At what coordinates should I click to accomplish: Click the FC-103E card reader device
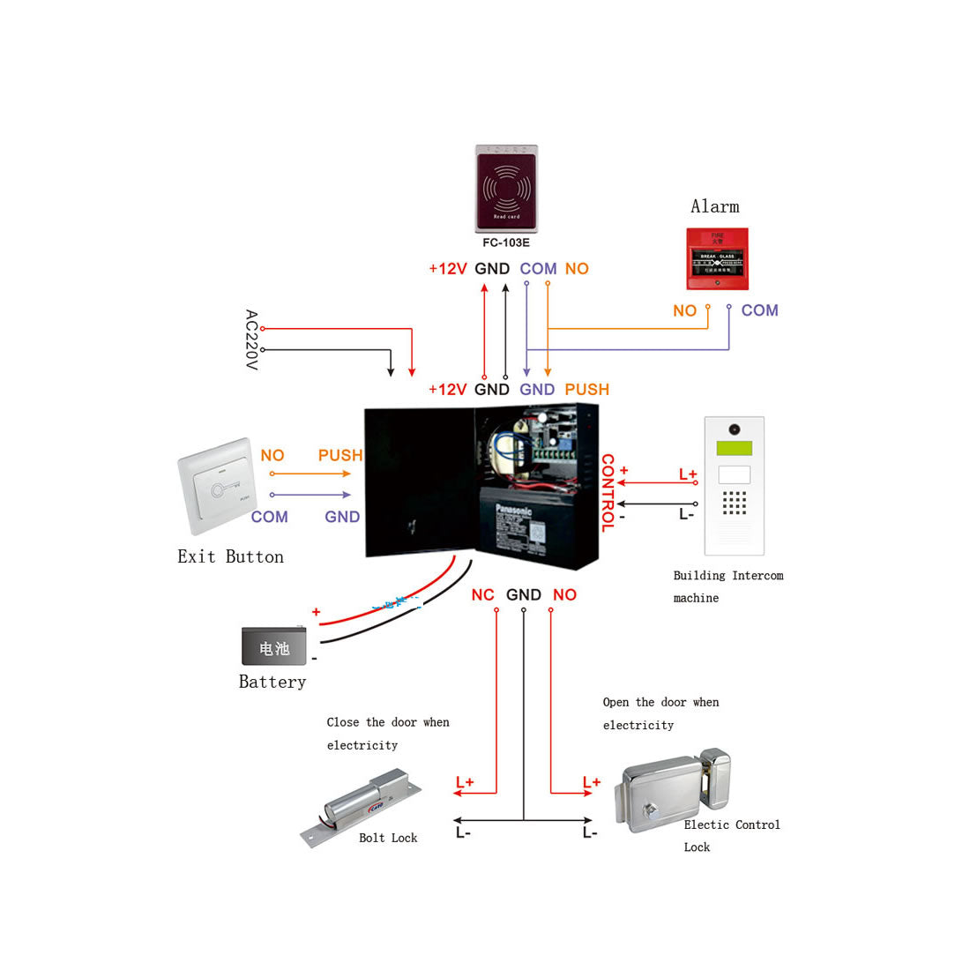point(506,188)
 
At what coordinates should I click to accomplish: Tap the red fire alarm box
point(718,258)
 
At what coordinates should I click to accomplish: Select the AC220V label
point(251,339)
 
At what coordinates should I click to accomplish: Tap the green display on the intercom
point(734,449)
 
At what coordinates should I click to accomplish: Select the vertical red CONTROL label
point(608,493)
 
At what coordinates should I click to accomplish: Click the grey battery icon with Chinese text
point(274,647)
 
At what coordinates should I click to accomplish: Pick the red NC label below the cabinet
point(482,595)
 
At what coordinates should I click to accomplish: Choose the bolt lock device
point(362,807)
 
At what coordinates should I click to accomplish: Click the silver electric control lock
point(675,790)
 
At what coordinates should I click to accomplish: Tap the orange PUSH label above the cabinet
point(586,390)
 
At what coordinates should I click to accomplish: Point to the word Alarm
point(714,206)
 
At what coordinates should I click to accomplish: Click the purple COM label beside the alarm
point(759,310)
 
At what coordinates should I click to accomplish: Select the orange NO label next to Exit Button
point(272,456)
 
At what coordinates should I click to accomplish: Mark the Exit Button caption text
point(230,556)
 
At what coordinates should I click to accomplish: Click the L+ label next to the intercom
point(688,474)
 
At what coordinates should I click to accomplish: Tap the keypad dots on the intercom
point(734,503)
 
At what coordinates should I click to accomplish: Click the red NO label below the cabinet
point(564,595)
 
